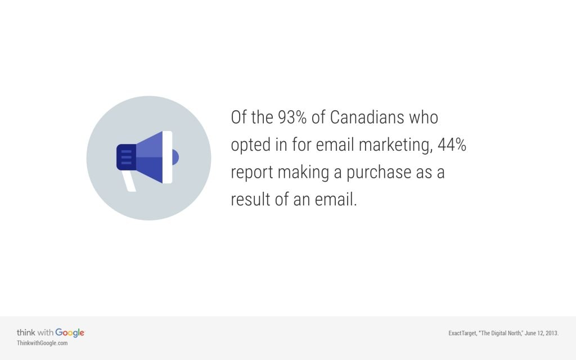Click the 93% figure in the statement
pyautogui.click(x=292, y=118)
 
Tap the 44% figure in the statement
pyautogui.click(x=452, y=145)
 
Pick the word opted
pyautogui.click(x=251, y=146)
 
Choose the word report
pyautogui.click(x=252, y=173)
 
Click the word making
pyautogui.click(x=303, y=173)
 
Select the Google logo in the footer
pyautogui.click(x=70, y=333)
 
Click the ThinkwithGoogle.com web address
pyautogui.click(x=42, y=343)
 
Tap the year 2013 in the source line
pyautogui.click(x=552, y=333)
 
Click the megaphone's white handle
pyautogui.click(x=129, y=180)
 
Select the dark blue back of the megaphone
pyautogui.click(x=126, y=157)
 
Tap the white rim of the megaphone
pyautogui.click(x=167, y=157)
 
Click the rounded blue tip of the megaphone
pyautogui.click(x=175, y=157)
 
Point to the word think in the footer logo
pyautogui.click(x=26, y=332)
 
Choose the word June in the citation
pyautogui.click(x=530, y=333)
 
